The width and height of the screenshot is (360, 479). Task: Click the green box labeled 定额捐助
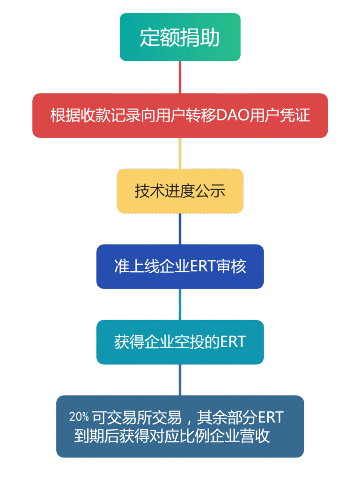click(180, 37)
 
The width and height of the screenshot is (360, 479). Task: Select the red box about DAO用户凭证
click(180, 116)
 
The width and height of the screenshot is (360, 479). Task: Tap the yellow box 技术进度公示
click(180, 191)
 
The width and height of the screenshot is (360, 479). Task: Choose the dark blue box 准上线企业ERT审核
click(180, 266)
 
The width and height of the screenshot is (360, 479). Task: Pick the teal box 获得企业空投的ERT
click(180, 342)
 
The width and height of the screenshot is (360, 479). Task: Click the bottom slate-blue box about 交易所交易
click(180, 426)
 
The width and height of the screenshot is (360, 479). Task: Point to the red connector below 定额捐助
click(180, 77)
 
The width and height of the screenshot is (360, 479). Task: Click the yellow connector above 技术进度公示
click(180, 153)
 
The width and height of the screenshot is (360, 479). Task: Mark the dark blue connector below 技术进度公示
click(180, 229)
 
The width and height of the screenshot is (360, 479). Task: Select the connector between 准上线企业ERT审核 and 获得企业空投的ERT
click(180, 305)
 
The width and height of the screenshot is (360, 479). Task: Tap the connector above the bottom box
click(180, 380)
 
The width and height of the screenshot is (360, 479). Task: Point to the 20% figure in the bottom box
click(79, 416)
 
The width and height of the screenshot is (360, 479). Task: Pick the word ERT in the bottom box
click(271, 416)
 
